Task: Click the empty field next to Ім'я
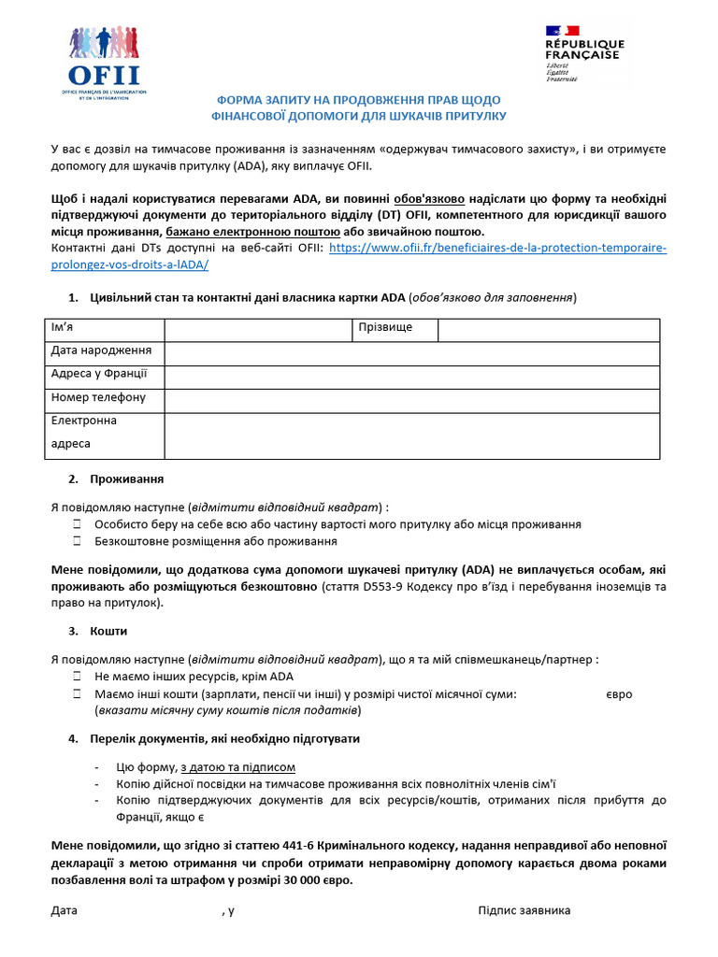click(x=258, y=330)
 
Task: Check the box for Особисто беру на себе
click(x=78, y=525)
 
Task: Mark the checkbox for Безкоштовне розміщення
click(x=78, y=542)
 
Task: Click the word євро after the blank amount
click(x=619, y=695)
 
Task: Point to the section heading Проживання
click(x=126, y=479)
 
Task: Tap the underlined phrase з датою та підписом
click(x=237, y=768)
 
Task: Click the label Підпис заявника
click(x=524, y=911)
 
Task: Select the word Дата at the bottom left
click(x=65, y=911)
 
